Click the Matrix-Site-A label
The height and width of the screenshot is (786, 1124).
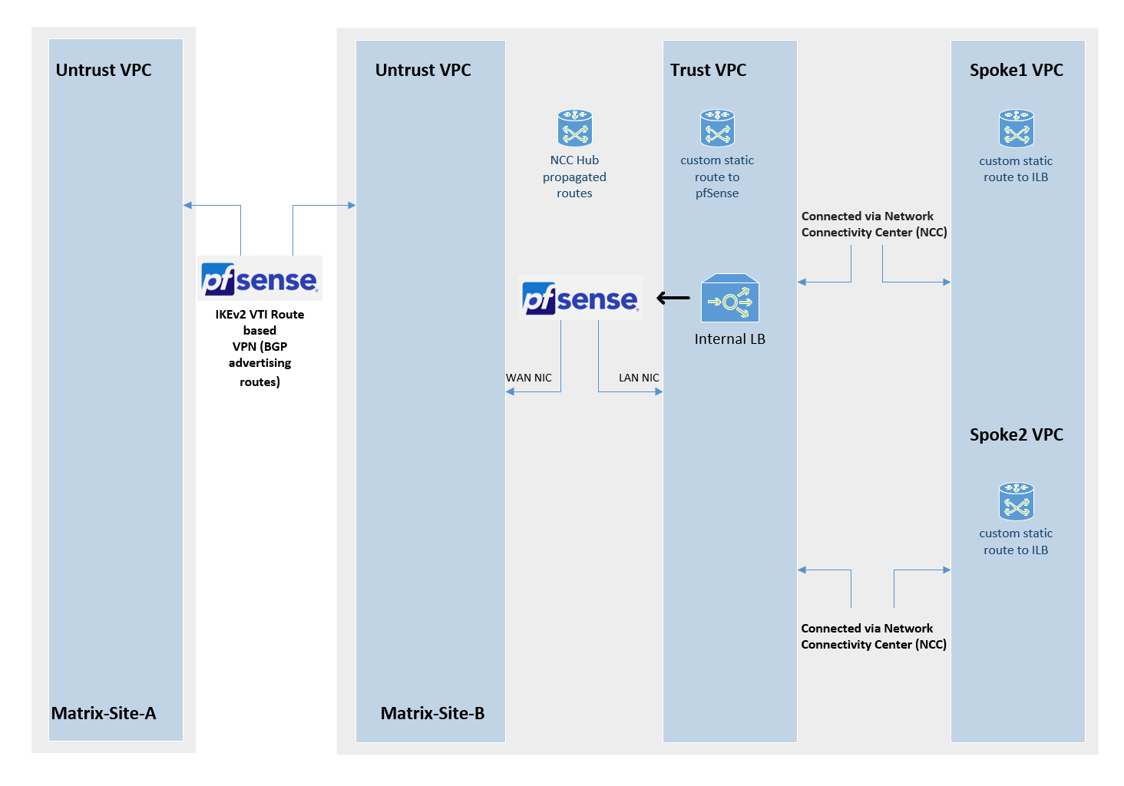coord(104,713)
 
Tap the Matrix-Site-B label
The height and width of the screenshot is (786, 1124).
coord(432,713)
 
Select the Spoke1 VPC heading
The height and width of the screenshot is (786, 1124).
coord(1016,70)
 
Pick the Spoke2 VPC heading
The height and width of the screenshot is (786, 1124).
coord(1016,434)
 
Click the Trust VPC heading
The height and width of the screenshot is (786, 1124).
coord(708,70)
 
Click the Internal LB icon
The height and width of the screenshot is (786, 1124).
coord(729,299)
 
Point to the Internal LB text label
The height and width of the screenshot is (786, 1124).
coord(729,339)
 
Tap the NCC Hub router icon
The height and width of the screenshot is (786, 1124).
coord(574,128)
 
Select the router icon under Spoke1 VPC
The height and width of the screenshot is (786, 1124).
coord(1016,128)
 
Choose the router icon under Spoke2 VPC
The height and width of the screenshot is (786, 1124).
coord(1016,501)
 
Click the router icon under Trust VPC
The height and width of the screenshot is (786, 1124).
coord(717,128)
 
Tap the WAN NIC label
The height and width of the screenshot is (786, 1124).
coord(528,378)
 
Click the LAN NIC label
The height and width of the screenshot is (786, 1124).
coord(639,378)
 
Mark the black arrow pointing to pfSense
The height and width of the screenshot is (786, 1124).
coord(673,298)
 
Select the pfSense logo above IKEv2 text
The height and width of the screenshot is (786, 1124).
coord(260,279)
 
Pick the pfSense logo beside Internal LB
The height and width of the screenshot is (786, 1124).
coord(580,298)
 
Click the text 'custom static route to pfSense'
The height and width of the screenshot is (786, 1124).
coord(717,177)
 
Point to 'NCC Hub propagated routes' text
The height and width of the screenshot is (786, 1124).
coord(574,177)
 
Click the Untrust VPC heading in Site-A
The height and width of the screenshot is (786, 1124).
coord(104,70)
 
